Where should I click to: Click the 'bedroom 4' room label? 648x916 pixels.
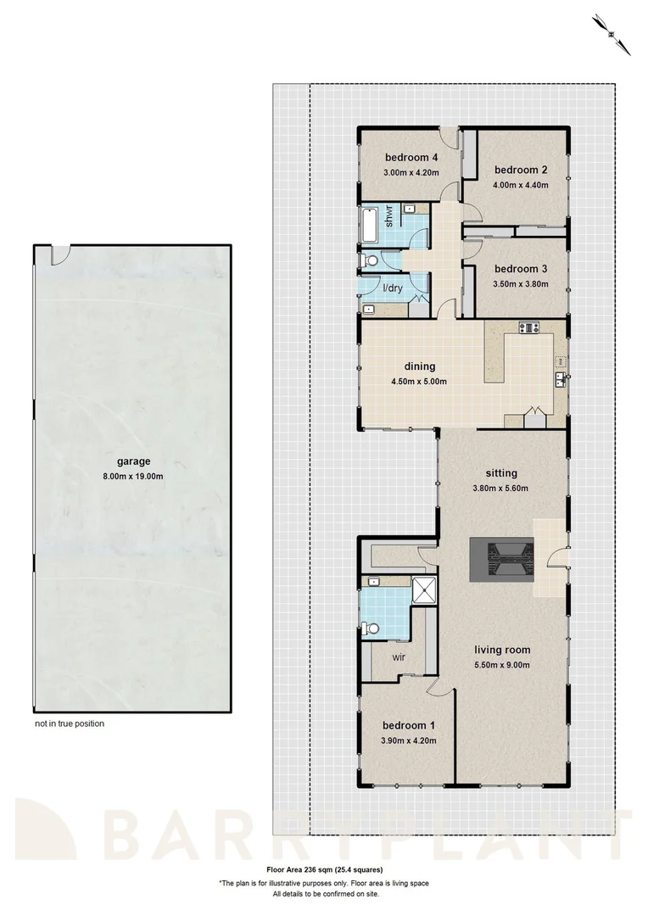pyautogui.click(x=411, y=158)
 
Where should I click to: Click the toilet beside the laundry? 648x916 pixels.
pyautogui.click(x=367, y=262)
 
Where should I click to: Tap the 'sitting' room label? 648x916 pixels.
pyautogui.click(x=501, y=473)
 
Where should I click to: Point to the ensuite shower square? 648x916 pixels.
pyautogui.click(x=422, y=589)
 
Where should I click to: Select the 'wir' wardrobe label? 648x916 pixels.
pyautogui.click(x=395, y=656)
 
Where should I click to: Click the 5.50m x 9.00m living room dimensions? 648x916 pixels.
pyautogui.click(x=501, y=664)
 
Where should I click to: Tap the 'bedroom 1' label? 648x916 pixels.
pyautogui.click(x=409, y=726)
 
